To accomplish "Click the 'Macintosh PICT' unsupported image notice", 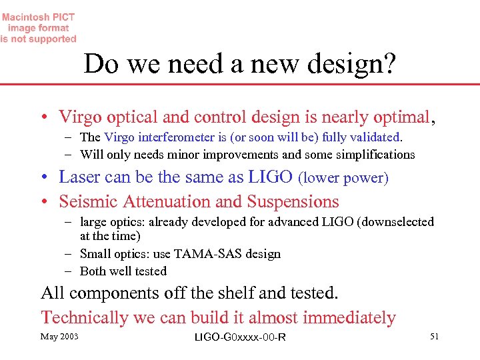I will (x=39, y=28).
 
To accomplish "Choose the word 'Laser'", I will (x=79, y=177).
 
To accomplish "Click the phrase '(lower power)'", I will (x=343, y=178).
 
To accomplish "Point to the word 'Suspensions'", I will (x=293, y=201).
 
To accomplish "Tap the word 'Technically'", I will (x=85, y=318).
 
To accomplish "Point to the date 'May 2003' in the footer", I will (x=59, y=336).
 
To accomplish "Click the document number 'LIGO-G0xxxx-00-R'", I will (x=240, y=337).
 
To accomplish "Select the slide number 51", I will (x=434, y=336).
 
